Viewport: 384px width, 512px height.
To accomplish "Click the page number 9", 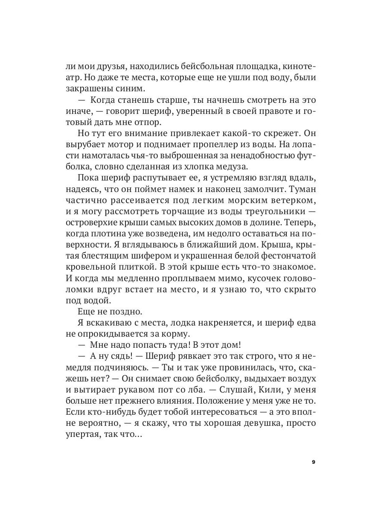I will coord(314,462).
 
